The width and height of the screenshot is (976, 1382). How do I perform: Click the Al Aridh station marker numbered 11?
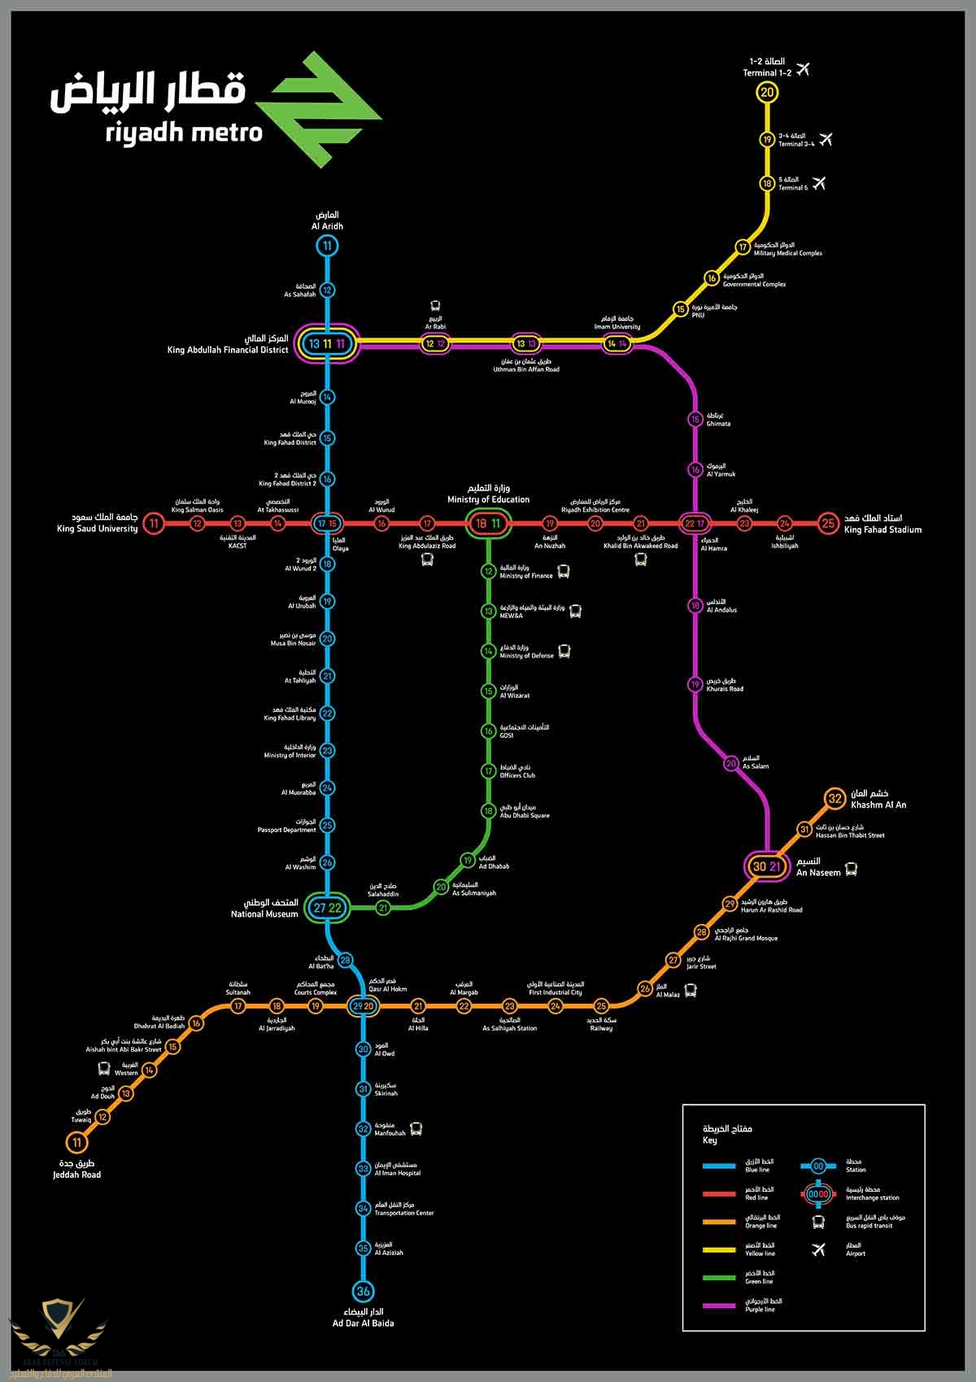[327, 246]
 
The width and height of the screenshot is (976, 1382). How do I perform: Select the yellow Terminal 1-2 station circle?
[767, 92]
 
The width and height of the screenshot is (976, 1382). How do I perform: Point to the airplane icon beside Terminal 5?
[817, 183]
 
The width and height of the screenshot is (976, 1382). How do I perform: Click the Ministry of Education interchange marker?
[488, 524]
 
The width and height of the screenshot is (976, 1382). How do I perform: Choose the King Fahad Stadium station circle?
[828, 523]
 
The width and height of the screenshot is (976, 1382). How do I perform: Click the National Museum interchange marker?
[327, 908]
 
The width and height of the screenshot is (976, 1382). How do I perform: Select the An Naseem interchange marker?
[766, 866]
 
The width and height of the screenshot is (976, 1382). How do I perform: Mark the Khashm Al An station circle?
[835, 799]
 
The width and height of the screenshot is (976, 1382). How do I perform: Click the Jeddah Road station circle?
[77, 1142]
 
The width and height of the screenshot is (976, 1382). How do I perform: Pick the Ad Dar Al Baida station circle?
[363, 1291]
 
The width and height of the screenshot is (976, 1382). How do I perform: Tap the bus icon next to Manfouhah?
[416, 1129]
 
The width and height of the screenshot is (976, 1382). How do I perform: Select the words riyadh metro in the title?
[184, 133]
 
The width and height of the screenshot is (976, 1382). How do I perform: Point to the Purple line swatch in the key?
[719, 1306]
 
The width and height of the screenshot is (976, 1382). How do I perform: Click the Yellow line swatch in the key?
[719, 1249]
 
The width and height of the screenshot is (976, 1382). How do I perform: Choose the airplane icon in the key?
[818, 1249]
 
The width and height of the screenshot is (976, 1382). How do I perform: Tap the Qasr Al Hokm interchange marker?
[363, 1006]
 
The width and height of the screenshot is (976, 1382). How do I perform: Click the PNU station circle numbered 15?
[681, 309]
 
